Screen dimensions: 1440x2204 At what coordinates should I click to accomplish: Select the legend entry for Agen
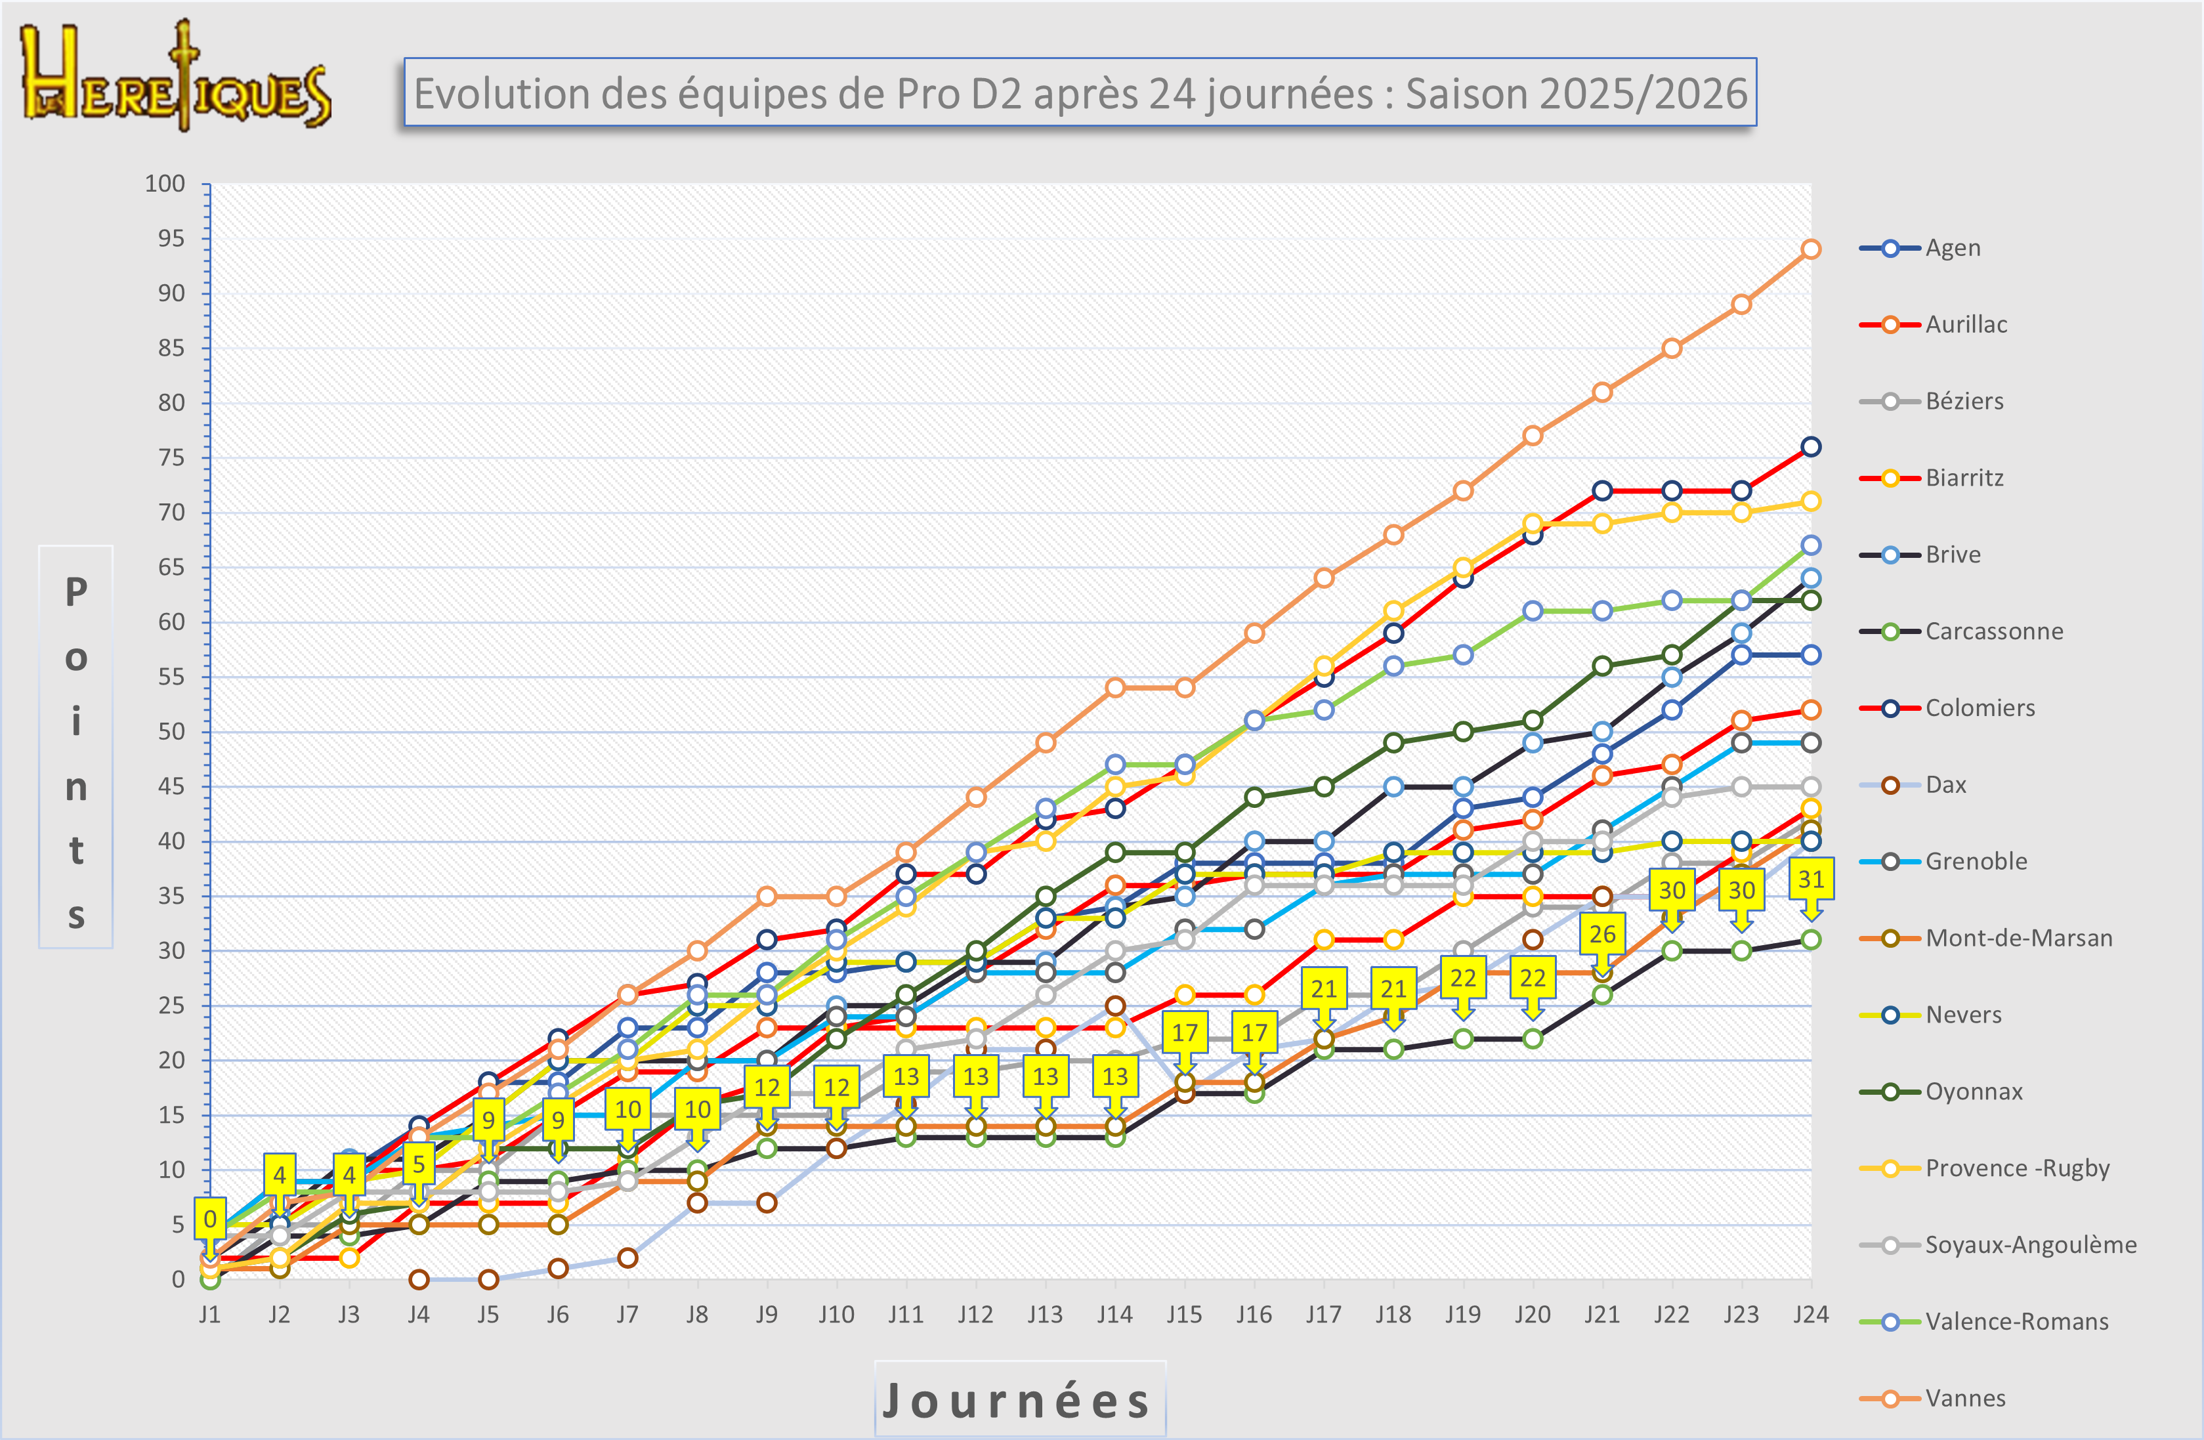pyautogui.click(x=1952, y=248)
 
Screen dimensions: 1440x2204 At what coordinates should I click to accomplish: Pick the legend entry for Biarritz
pyautogui.click(x=1963, y=478)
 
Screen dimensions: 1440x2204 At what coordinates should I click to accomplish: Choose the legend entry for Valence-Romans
pyautogui.click(x=2016, y=1321)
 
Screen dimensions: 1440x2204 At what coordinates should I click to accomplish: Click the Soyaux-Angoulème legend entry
pyautogui.click(x=2030, y=1244)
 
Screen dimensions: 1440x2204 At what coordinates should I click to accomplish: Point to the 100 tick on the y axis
pyautogui.click(x=165, y=183)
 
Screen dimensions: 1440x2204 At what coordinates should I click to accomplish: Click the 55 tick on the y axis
pyautogui.click(x=171, y=677)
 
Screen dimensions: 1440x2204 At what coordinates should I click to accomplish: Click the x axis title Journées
pyautogui.click(x=1019, y=1399)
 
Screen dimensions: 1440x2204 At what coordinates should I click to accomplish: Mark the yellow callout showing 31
pyautogui.click(x=1810, y=879)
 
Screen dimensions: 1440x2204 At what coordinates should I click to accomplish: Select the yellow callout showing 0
pyautogui.click(x=210, y=1219)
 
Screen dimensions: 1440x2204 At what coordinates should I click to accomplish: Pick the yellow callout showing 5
pyautogui.click(x=419, y=1164)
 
